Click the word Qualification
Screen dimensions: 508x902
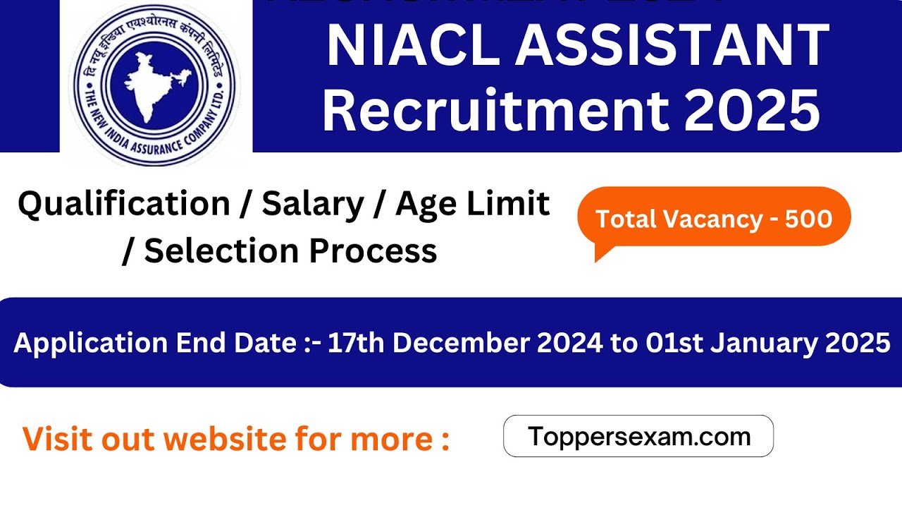pyautogui.click(x=124, y=205)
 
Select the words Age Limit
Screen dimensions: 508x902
pyautogui.click(x=473, y=205)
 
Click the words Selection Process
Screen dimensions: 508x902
pyautogui.click(x=290, y=251)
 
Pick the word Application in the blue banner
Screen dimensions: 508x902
pyautogui.click(x=89, y=344)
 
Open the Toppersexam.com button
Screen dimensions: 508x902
pyautogui.click(x=638, y=436)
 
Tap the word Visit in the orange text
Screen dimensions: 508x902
pyautogui.click(x=58, y=439)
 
